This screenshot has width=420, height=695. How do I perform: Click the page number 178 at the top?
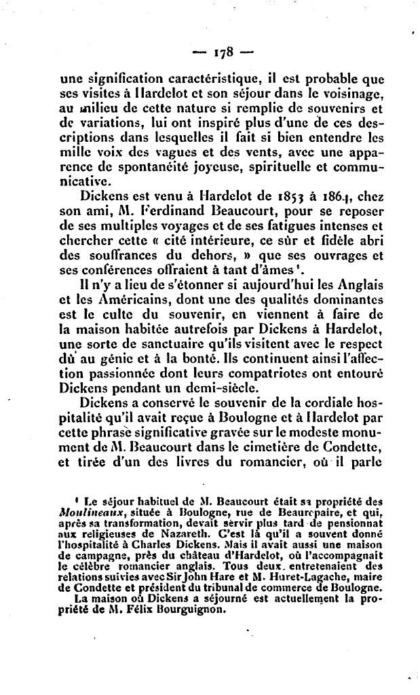point(223,52)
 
